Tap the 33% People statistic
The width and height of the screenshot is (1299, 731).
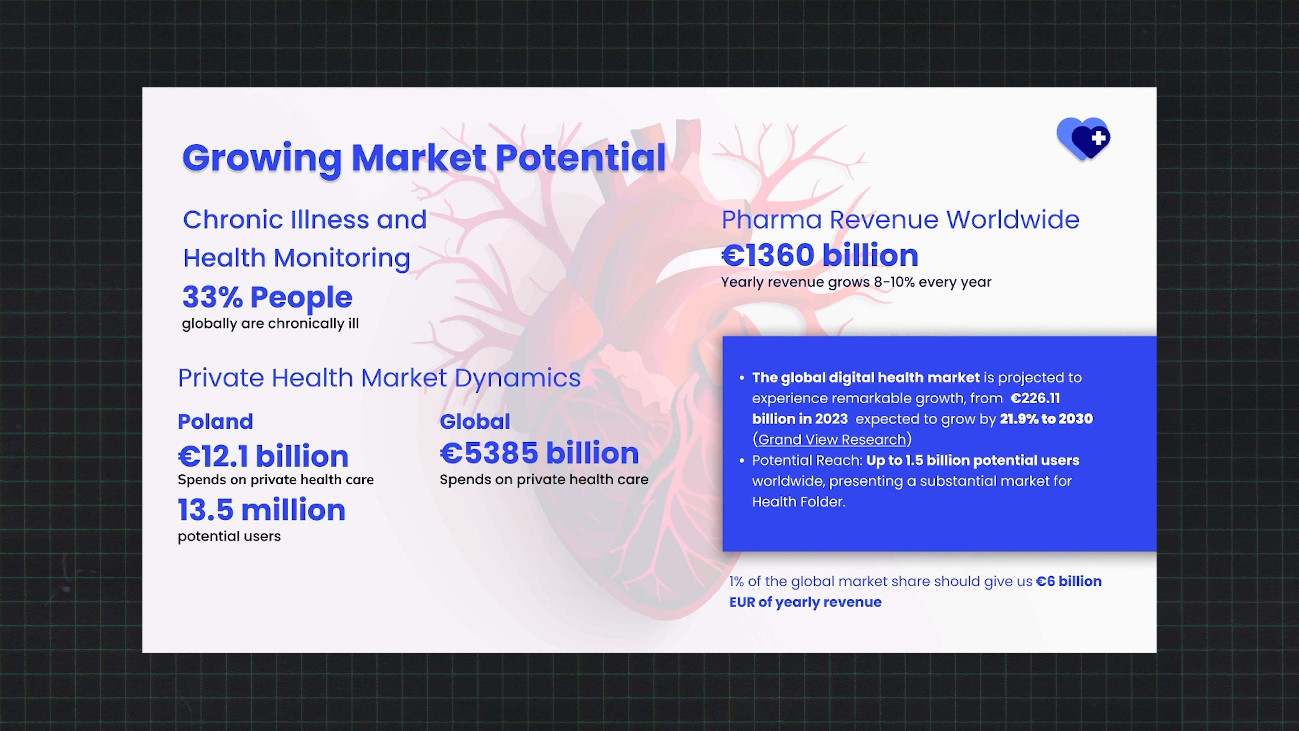267,297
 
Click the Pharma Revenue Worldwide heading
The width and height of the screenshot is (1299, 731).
900,220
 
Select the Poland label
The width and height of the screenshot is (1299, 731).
215,421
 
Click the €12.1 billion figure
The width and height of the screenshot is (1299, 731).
263,456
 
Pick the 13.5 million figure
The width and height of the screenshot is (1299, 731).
262,510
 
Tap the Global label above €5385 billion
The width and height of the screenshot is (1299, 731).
475,421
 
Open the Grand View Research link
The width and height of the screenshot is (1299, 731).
832,439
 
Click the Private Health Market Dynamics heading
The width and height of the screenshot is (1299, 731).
379,378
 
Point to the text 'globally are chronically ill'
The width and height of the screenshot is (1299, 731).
270,324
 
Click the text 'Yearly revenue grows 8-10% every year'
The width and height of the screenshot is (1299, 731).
856,282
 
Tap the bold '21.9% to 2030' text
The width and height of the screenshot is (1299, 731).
1046,419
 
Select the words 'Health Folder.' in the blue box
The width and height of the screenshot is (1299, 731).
799,502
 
